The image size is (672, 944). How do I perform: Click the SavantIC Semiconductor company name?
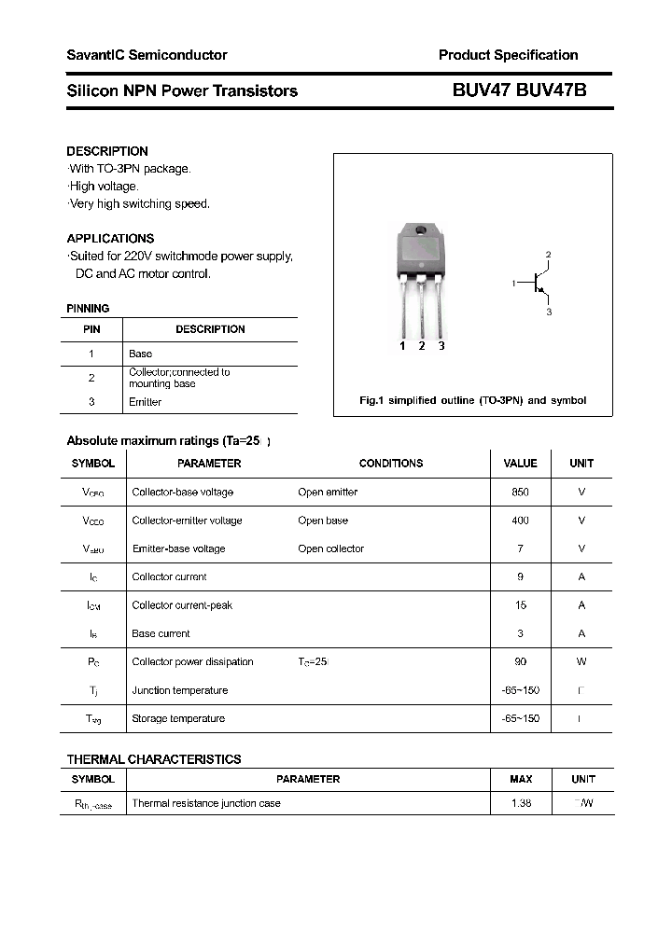(147, 55)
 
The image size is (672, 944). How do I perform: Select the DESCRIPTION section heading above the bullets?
(107, 151)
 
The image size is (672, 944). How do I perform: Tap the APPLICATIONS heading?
(110, 238)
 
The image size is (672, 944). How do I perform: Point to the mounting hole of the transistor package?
(420, 231)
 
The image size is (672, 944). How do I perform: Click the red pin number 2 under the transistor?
(422, 346)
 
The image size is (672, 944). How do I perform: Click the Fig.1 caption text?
(472, 400)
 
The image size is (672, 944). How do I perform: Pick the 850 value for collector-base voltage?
(520, 492)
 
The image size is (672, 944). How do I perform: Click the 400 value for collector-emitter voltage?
(520, 521)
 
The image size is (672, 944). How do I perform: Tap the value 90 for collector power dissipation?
(520, 661)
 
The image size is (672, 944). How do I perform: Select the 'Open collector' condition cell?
(330, 548)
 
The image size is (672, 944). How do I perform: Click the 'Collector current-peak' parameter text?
(182, 605)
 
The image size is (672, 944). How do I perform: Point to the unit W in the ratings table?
(581, 661)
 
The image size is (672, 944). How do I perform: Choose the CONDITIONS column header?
(390, 463)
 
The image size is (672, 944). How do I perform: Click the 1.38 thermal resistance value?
(520, 803)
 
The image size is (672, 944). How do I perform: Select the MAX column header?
(521, 779)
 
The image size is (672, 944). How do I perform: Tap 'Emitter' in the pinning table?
(145, 402)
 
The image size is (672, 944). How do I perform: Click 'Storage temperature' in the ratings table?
(178, 718)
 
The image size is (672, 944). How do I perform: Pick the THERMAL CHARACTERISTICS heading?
(154, 759)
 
